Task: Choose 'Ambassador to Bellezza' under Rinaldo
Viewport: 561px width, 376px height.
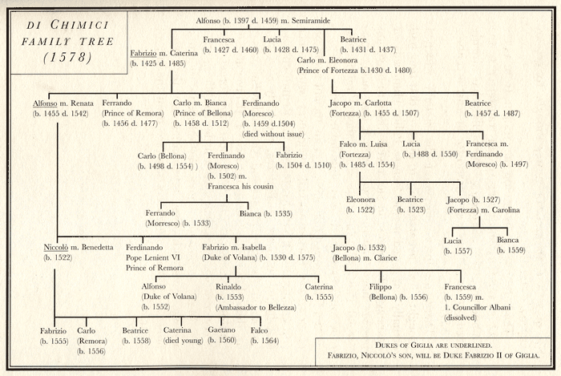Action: [255, 308]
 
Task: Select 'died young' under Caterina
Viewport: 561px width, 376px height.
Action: [189, 340]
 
